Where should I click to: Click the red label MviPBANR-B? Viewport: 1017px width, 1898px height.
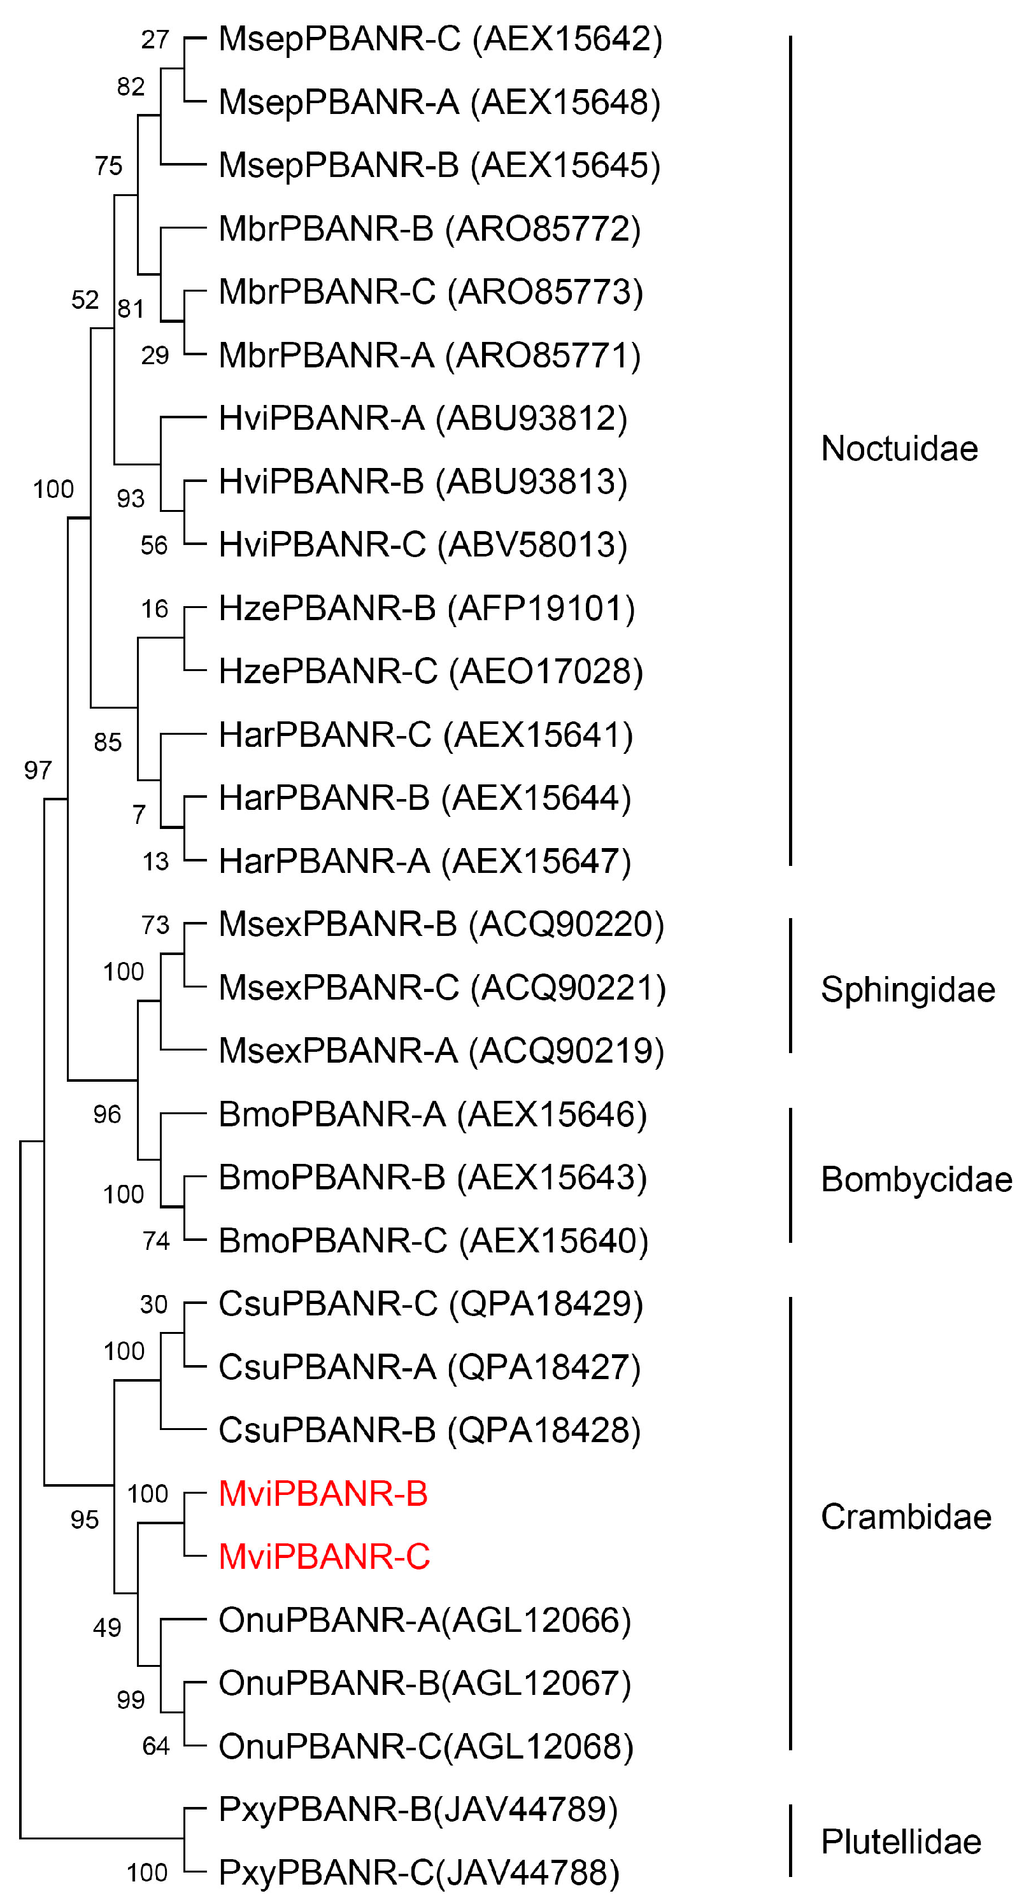click(x=323, y=1494)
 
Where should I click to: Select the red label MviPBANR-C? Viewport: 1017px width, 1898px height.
click(x=324, y=1557)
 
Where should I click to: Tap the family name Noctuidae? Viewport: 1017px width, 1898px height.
click(x=899, y=449)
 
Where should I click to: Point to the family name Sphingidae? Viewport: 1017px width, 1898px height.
click(x=908, y=989)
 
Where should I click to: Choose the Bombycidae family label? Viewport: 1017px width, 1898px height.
click(x=916, y=1180)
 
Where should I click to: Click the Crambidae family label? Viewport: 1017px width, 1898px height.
click(x=906, y=1517)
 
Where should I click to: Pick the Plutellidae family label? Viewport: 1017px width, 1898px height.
click(x=900, y=1842)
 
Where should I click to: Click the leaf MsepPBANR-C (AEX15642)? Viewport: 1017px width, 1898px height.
click(x=440, y=39)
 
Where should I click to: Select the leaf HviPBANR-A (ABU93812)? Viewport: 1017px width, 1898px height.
click(x=422, y=418)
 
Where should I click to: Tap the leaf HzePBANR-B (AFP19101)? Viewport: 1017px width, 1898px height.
click(x=427, y=609)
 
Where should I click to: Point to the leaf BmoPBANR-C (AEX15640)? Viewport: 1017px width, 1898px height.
click(x=433, y=1241)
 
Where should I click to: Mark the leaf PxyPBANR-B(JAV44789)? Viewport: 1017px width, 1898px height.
click(x=418, y=1809)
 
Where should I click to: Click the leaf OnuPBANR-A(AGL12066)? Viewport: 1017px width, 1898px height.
click(x=425, y=1620)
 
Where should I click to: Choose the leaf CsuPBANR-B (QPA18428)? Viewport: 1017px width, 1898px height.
click(x=429, y=1430)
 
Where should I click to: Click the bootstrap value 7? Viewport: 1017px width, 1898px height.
click(x=139, y=815)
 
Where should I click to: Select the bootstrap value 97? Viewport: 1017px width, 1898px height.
click(x=38, y=770)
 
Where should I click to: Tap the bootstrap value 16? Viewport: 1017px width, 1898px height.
click(x=155, y=609)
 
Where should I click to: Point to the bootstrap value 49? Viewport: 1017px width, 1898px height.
click(x=107, y=1627)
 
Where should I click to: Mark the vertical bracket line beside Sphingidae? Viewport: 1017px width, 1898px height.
click(x=791, y=986)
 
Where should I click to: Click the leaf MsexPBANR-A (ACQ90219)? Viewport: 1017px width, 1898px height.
click(x=441, y=1051)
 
